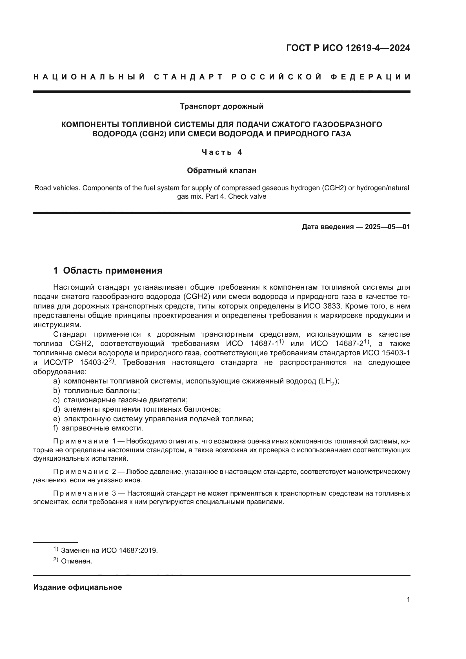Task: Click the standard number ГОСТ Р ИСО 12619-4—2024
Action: (348, 48)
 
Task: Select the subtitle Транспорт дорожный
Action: (221, 106)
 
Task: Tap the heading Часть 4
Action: (221, 152)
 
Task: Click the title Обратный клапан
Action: (221, 170)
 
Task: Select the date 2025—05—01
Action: (387, 227)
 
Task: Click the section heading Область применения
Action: (112, 270)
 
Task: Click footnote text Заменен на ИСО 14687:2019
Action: (109, 551)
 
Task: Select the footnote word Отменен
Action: (76, 562)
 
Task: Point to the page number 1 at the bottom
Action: (408, 600)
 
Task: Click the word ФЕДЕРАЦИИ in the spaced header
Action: (370, 77)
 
